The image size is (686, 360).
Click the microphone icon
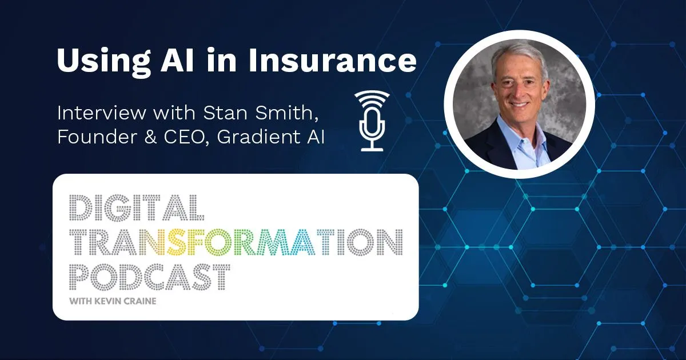(x=372, y=121)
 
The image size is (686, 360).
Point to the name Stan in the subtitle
(x=225, y=113)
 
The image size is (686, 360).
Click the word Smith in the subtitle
(x=286, y=113)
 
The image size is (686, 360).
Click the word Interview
(x=101, y=113)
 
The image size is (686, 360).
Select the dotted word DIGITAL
(x=137, y=207)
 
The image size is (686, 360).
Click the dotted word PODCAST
(x=149, y=277)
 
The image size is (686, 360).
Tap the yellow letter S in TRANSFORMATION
(x=176, y=242)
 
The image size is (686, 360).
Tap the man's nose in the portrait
(x=517, y=90)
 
